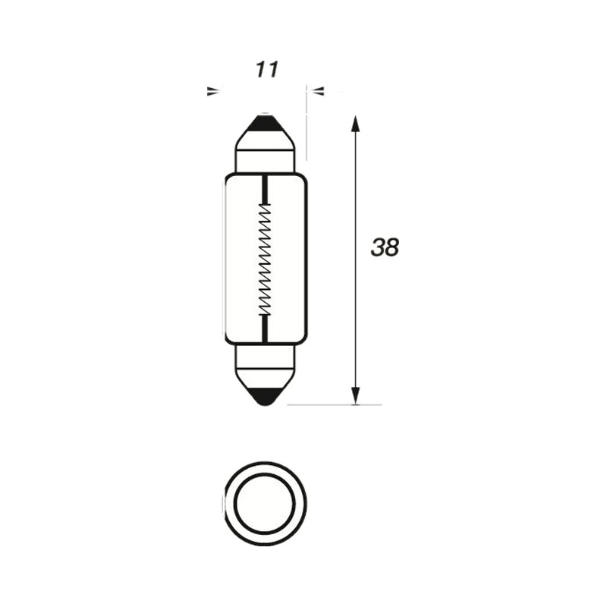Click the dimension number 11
[267, 70]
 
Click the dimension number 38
[385, 247]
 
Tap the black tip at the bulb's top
[265, 123]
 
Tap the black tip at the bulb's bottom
[265, 396]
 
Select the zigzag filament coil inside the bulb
[265, 259]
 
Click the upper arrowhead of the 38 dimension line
[355, 124]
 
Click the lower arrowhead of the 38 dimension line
[355, 396]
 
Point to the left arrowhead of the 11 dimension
[213, 91]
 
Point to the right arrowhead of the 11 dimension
[318, 91]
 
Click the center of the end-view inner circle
[265, 504]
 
